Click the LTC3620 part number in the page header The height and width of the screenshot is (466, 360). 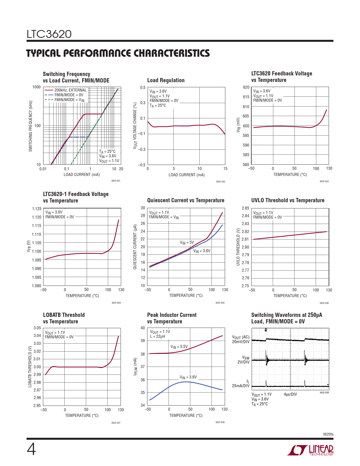49,34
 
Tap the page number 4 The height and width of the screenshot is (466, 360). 31,449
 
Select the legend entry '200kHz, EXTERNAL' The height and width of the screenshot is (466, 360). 70,90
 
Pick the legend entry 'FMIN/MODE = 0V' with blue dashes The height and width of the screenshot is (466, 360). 69,95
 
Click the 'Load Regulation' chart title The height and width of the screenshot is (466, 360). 166,80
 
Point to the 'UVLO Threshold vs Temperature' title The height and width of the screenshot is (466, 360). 288,200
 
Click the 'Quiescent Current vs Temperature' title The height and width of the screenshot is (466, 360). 186,200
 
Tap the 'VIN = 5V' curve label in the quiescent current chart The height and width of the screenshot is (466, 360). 187,242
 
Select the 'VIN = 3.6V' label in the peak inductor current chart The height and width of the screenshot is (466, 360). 188,377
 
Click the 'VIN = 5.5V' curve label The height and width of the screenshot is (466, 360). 179,347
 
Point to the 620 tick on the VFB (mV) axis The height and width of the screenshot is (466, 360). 246,87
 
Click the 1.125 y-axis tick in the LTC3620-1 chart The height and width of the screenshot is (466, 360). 36,209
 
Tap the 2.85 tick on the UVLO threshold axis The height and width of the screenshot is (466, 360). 245,208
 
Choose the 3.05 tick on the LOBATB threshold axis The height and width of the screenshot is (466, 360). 37,328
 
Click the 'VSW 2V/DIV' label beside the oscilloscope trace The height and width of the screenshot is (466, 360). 244,360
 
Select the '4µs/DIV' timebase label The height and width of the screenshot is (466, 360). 290,394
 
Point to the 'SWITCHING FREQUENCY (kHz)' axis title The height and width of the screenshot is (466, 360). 30,126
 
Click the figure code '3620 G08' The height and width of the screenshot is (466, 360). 220,422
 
